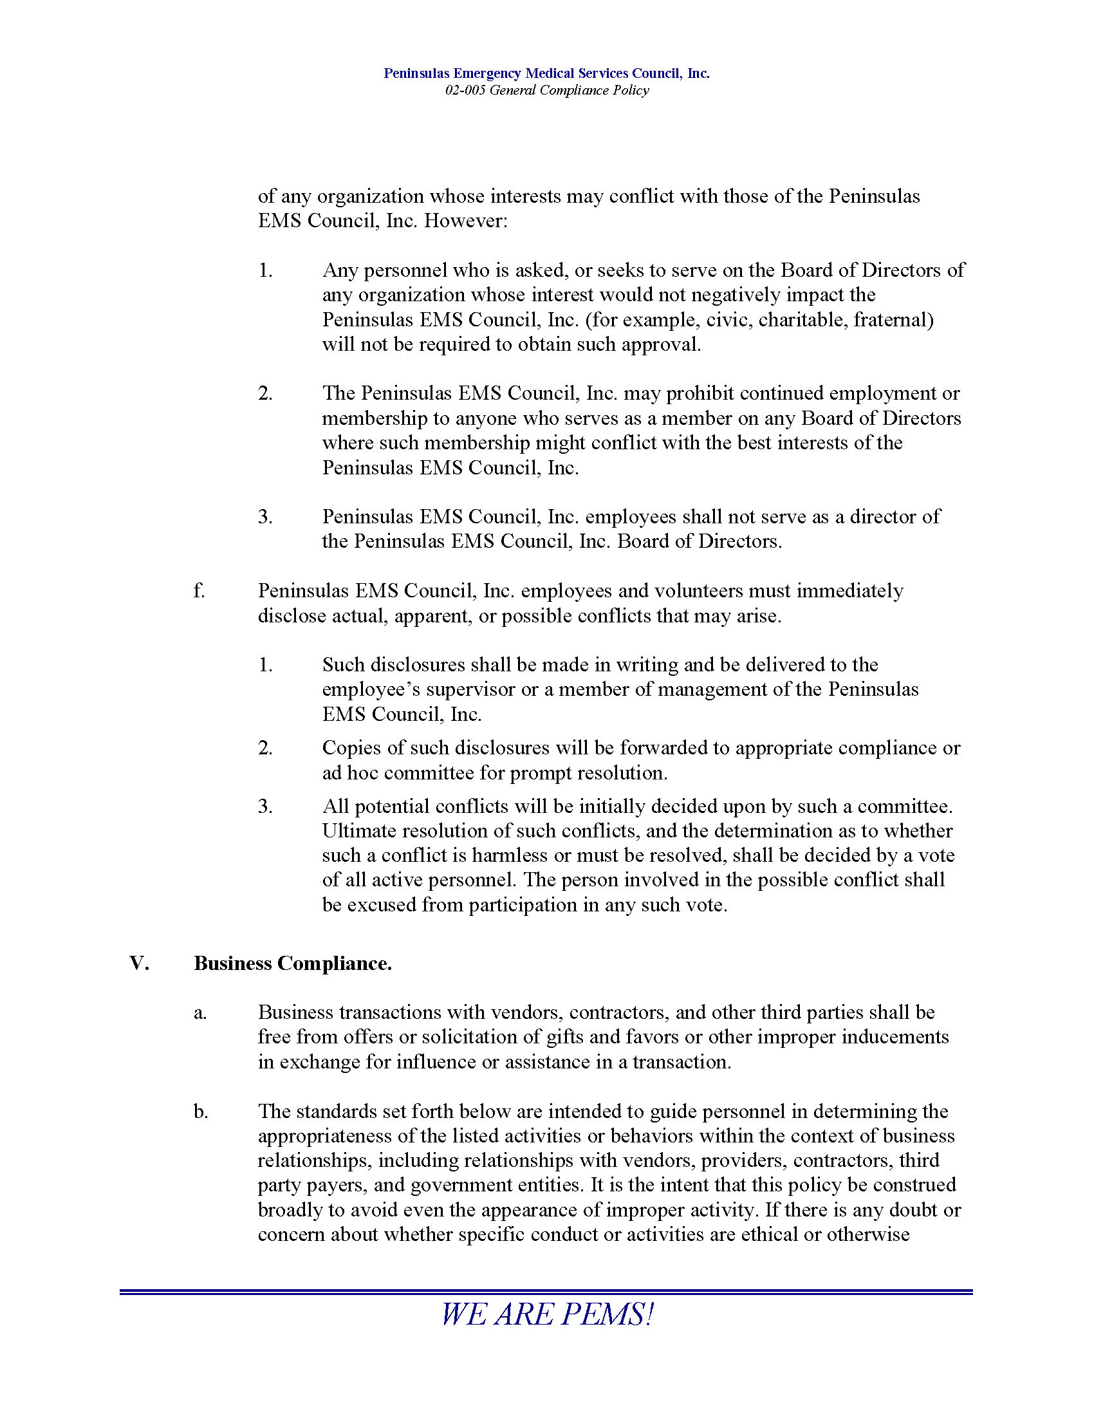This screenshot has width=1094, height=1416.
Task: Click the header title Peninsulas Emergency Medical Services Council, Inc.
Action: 546,73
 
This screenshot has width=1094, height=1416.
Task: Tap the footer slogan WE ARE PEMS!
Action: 546,1314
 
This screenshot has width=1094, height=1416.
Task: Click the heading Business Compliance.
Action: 292,964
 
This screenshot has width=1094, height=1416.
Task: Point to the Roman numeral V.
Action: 140,964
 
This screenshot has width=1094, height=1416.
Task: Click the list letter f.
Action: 198,591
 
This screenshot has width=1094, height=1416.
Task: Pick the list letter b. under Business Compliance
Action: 200,1112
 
